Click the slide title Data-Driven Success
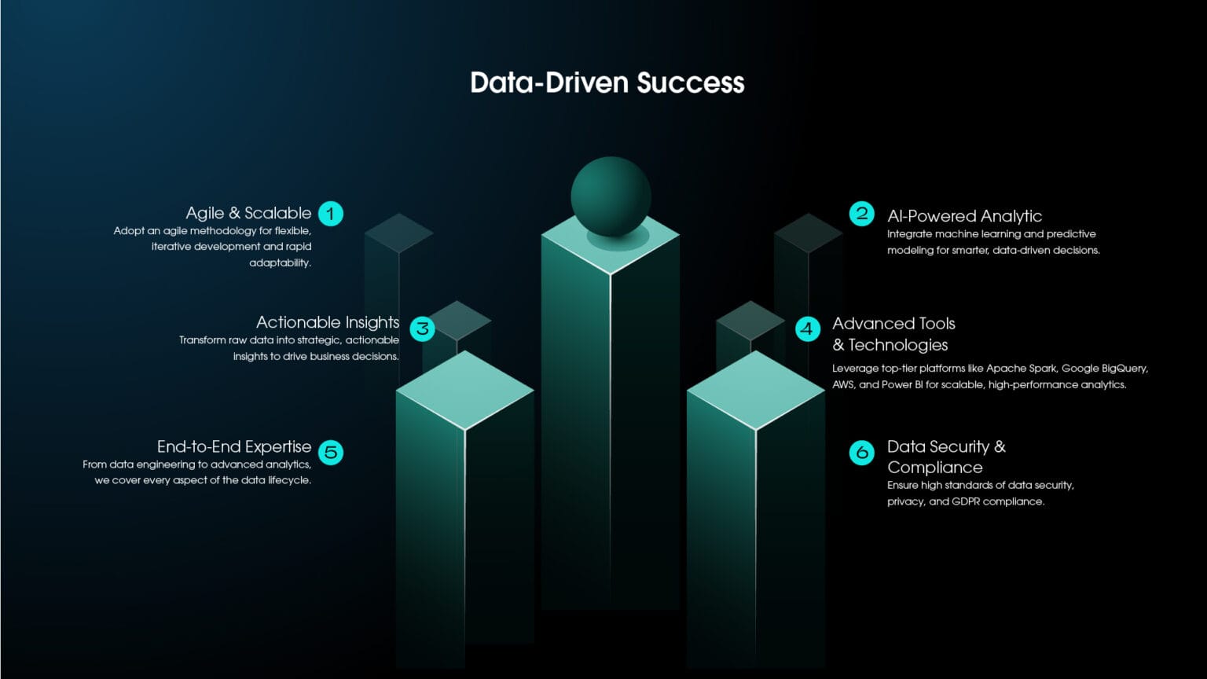point(607,83)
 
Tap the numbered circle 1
point(330,214)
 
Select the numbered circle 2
point(861,214)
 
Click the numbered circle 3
point(423,328)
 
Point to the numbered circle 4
point(808,328)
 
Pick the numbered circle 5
point(330,452)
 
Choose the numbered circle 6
point(861,452)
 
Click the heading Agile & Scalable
point(248,213)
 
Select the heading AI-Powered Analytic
point(964,216)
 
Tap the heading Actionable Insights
point(328,322)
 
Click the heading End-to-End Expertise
point(234,446)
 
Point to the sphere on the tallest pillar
point(611,196)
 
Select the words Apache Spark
point(1021,369)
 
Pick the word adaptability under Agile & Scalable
point(281,263)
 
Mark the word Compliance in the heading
point(935,468)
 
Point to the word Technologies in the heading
point(898,345)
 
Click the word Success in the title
point(691,83)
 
